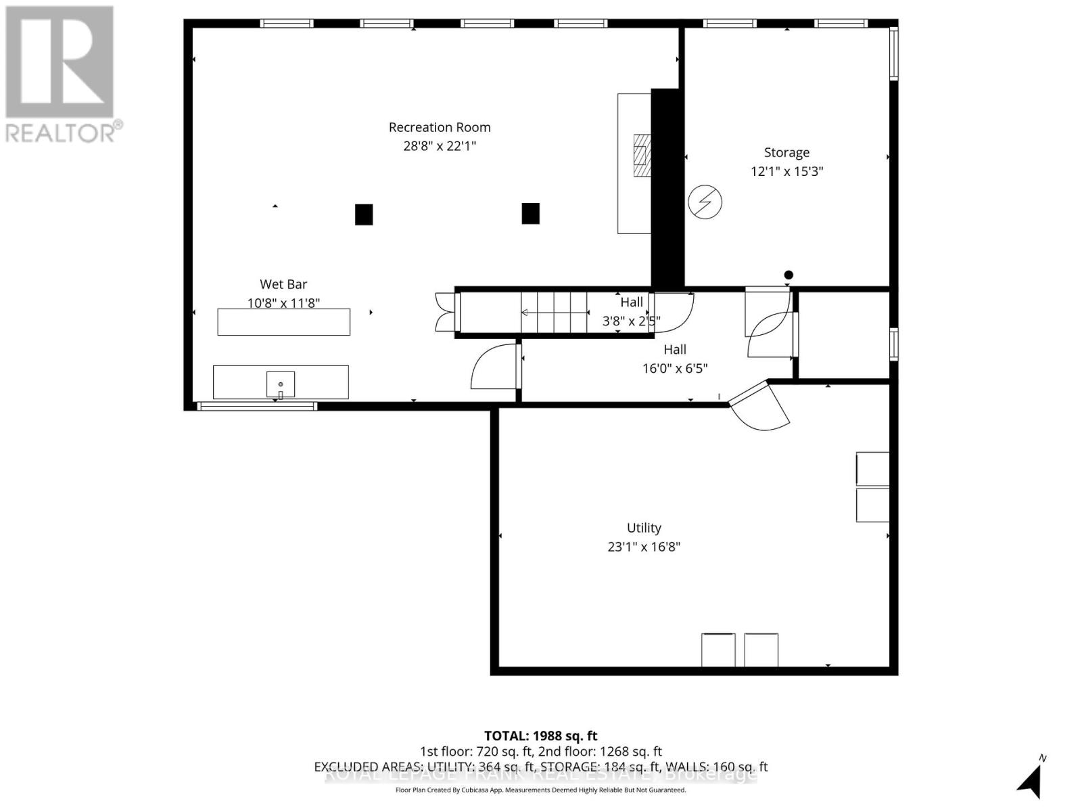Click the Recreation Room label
pos(440,127)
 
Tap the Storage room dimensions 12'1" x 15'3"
pos(786,171)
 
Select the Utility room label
pos(644,528)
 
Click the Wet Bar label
pos(283,284)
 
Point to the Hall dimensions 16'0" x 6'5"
pos(675,368)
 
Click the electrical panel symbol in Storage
pos(705,202)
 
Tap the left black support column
pos(364,215)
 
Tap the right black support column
pos(530,214)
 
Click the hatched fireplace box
pos(642,156)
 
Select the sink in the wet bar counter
pos(281,384)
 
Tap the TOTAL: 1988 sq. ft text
pos(540,736)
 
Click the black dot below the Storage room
pos(789,275)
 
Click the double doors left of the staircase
pos(446,312)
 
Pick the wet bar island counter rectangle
pos(283,322)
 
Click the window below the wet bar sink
pos(257,406)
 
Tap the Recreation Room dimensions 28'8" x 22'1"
pos(440,146)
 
